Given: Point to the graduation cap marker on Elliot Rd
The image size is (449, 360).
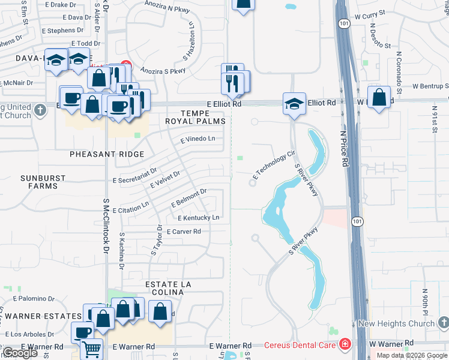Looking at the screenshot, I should (x=295, y=103).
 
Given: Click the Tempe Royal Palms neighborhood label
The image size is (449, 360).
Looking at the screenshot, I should (x=196, y=117).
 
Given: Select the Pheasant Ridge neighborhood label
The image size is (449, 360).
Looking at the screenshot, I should (x=107, y=154).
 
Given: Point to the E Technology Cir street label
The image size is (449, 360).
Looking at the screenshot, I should (x=274, y=165).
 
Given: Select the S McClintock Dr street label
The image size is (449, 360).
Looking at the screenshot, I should (x=106, y=227).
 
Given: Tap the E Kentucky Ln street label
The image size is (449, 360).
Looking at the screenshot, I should (x=197, y=217).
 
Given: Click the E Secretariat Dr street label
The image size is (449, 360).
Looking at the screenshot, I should (x=135, y=176).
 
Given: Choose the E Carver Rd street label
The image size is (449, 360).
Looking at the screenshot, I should (x=184, y=231).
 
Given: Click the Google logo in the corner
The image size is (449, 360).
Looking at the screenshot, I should (x=19, y=353).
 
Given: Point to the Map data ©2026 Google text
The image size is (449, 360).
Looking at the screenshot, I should (x=411, y=355).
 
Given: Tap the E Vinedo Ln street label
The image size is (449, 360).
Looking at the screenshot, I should (x=197, y=139).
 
